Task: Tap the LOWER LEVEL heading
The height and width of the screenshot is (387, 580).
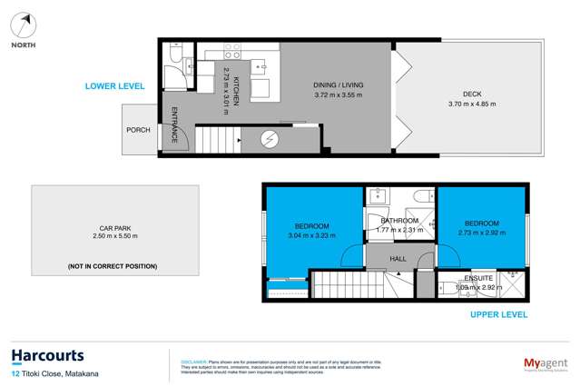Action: coord(114,85)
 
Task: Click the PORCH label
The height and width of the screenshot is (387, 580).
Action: coord(138,130)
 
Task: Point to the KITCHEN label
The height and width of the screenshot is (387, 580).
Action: coord(235,92)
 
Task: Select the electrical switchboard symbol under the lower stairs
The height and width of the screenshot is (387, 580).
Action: coord(270,139)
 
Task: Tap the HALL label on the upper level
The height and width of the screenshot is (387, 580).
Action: coord(398,259)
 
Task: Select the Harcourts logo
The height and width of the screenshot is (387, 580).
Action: coord(47,356)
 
